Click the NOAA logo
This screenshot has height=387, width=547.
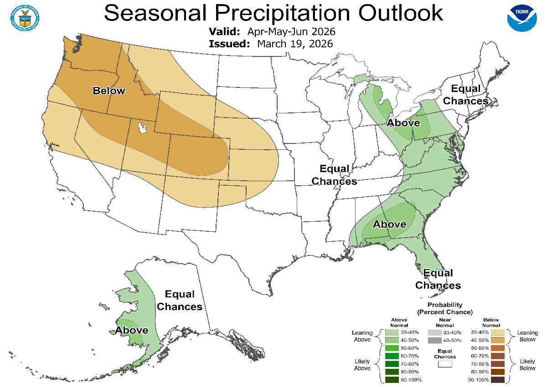pos(522,17)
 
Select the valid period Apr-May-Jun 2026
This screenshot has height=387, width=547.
pos(291,32)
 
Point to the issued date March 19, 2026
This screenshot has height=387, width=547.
pos(295,44)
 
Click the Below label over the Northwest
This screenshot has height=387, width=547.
pos(108,91)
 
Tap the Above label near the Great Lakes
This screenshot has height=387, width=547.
pos(403,123)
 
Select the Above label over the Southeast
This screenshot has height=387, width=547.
pos(390,224)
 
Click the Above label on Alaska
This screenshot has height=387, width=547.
pos(131,330)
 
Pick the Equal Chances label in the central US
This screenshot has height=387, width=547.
pos(334,175)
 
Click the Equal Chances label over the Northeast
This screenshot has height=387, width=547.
pos(465,94)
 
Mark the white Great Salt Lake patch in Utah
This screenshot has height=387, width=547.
pos(142,128)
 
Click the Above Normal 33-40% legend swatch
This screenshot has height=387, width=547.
pos(392,333)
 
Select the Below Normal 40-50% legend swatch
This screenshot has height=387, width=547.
pos(498,340)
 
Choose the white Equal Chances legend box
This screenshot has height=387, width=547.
pos(444,364)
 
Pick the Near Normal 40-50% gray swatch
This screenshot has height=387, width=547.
pos(434,340)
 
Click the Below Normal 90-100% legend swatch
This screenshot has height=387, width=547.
pos(498,379)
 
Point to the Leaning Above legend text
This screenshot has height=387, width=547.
pos(362,336)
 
